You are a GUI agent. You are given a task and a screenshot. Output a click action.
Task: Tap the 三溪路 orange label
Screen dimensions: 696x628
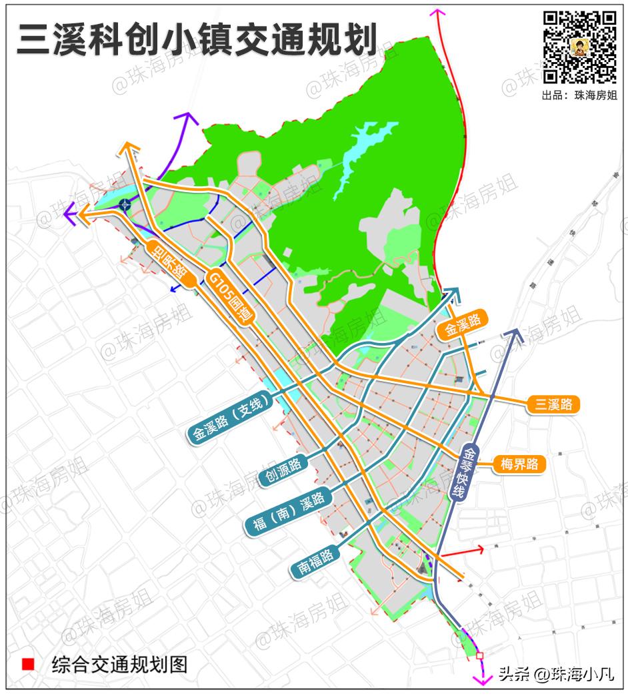pos(553,404)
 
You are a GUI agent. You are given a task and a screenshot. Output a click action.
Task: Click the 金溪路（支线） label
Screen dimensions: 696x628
pos(231,420)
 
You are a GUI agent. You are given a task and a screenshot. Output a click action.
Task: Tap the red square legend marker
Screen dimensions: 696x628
pos(28,665)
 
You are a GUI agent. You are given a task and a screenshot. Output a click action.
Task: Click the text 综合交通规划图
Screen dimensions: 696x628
pos(119,665)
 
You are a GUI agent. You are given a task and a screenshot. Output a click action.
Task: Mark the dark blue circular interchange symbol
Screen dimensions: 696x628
pos(125,205)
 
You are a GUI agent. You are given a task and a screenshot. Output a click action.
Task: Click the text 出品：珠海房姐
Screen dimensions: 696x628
pos(579,95)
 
